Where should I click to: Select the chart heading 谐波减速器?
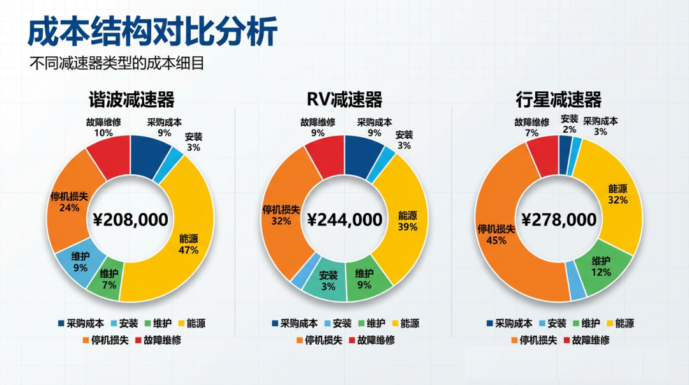pyautogui.click(x=131, y=100)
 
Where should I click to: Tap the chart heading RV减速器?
pyautogui.click(x=344, y=100)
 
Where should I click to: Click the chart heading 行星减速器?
pyautogui.click(x=559, y=100)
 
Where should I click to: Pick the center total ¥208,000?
pyautogui.click(x=130, y=220)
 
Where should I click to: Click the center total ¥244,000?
pyautogui.click(x=344, y=220)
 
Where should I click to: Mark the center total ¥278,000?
pyautogui.click(x=559, y=220)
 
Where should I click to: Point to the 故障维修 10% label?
pyautogui.click(x=103, y=128)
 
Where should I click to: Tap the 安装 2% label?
pyautogui.click(x=570, y=124)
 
